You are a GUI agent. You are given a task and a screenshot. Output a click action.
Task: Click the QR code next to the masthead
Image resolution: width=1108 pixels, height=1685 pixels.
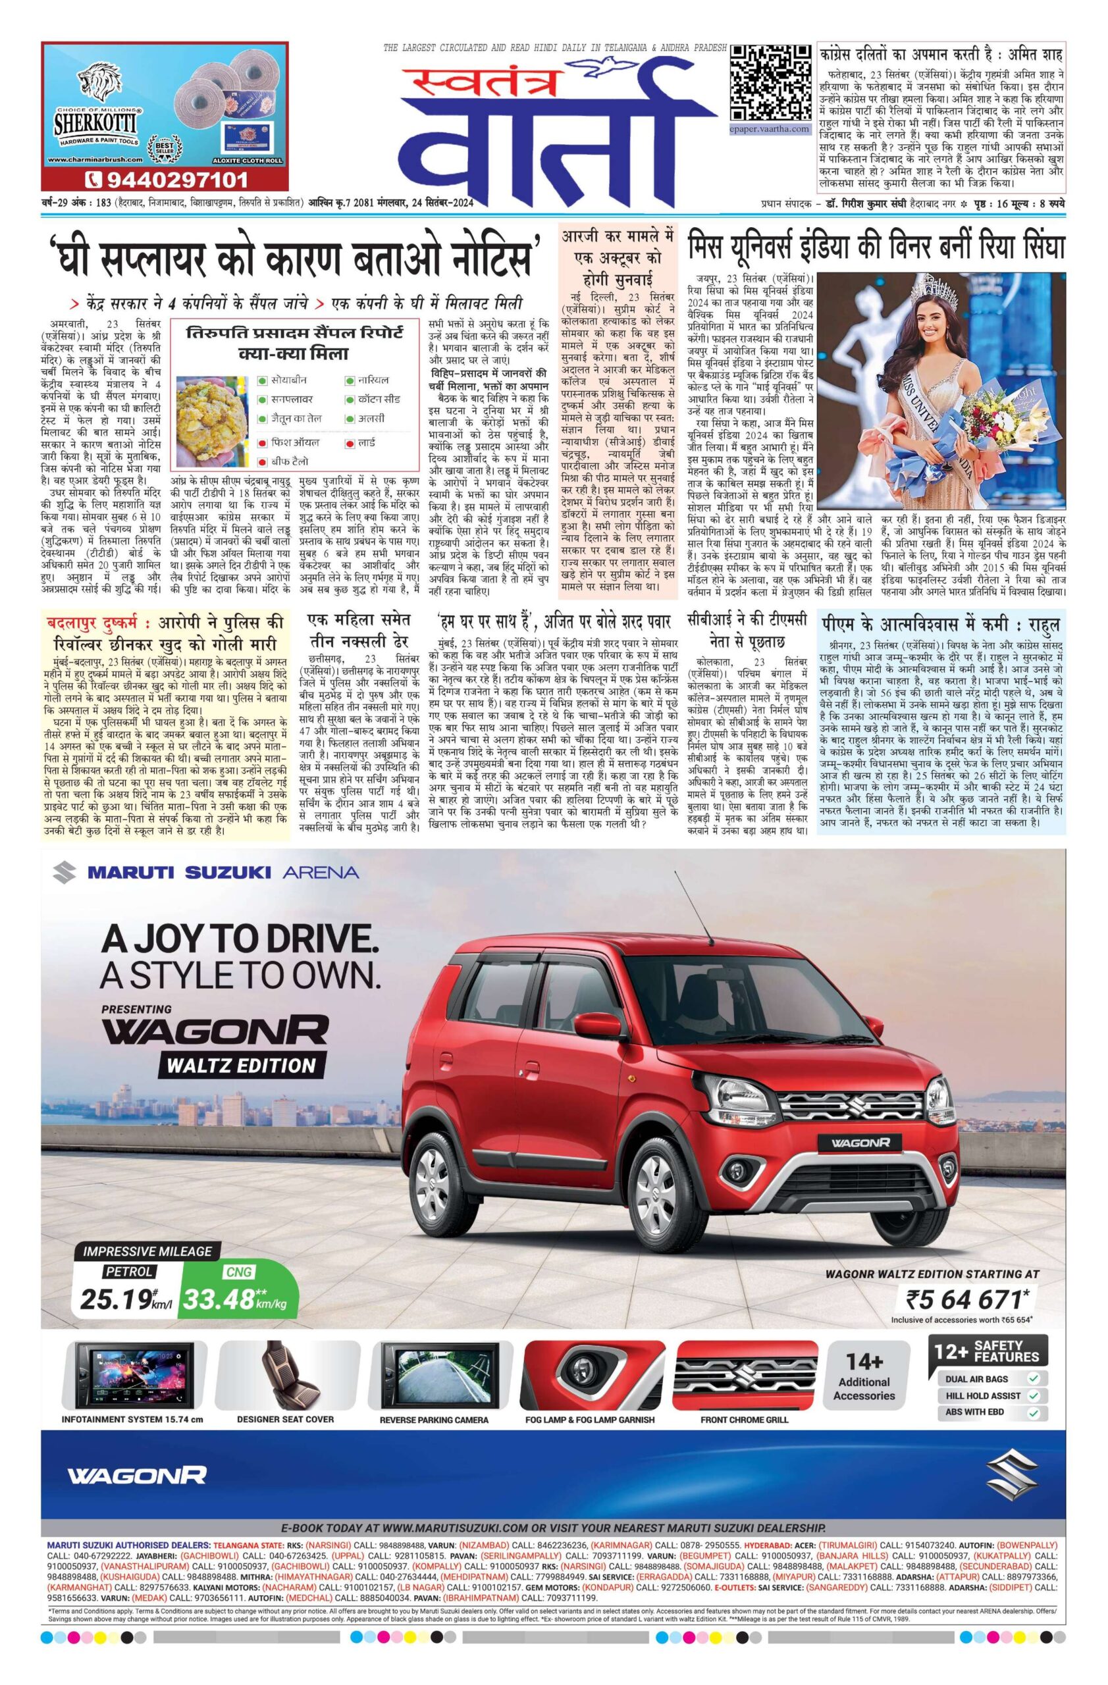click(x=769, y=83)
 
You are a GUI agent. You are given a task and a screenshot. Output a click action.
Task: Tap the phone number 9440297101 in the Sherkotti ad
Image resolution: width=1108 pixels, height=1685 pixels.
click(x=167, y=178)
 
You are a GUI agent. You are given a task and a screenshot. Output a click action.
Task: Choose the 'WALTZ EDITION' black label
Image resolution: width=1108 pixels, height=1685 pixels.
click(x=237, y=1064)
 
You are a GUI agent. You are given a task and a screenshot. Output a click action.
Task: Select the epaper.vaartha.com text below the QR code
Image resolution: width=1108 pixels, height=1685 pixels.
click(x=769, y=129)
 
